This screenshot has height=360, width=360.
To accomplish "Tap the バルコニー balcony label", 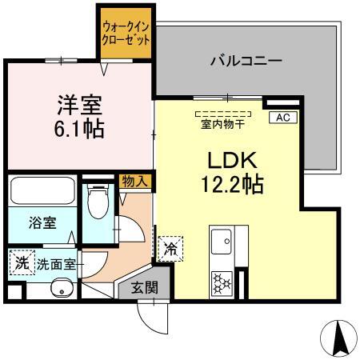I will tap(246, 59).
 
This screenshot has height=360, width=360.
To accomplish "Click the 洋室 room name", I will tap(80, 103).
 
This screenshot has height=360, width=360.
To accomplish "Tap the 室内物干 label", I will tap(223, 123).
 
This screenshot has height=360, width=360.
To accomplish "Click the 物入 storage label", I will tap(134, 182).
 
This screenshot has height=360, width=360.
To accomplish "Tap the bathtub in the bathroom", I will tap(43, 192).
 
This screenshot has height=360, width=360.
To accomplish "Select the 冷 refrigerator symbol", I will tap(170, 249).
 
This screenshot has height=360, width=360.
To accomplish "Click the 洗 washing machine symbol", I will tap(22, 262).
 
